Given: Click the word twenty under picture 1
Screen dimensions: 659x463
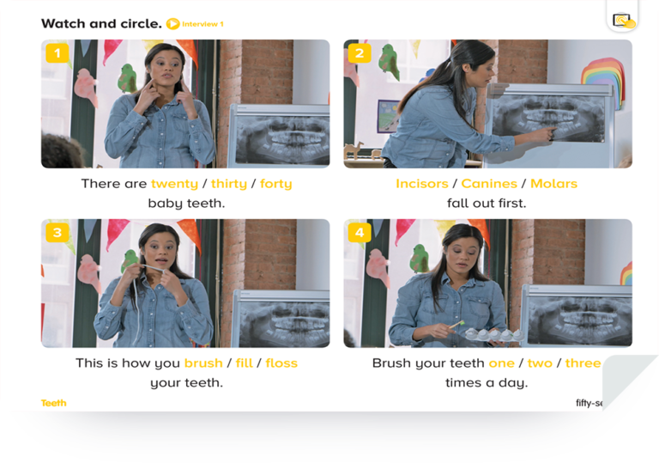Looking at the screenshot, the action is (x=174, y=184).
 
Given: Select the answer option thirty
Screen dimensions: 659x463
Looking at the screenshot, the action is (x=229, y=184).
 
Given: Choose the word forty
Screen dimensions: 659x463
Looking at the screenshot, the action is (x=276, y=184).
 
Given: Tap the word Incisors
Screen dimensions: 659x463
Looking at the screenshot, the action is (x=422, y=184).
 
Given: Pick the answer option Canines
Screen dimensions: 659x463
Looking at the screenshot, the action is (x=489, y=184).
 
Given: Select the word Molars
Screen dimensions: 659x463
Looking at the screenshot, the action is (x=554, y=184).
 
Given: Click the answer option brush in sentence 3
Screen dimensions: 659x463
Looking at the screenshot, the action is (x=203, y=362).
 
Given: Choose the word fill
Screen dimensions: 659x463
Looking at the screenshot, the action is (x=245, y=362).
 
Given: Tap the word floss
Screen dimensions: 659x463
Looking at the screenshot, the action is (x=281, y=362).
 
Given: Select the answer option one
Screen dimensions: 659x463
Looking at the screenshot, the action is (x=502, y=363).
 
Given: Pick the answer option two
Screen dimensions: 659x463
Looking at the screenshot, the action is (x=540, y=362).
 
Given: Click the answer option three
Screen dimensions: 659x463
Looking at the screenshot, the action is (x=583, y=362).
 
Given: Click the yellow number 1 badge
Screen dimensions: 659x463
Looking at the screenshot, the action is (x=57, y=53).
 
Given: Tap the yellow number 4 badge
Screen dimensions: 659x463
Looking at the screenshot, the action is (x=360, y=232).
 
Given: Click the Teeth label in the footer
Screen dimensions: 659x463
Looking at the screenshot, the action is (x=54, y=403).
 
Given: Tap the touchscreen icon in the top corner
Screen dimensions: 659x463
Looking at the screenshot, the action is (x=624, y=21).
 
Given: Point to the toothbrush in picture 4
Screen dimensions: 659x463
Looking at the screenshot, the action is (x=456, y=324).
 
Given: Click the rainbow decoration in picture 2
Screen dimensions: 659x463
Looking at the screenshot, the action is (x=602, y=80).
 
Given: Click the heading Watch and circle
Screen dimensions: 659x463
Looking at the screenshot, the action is (x=101, y=23).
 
